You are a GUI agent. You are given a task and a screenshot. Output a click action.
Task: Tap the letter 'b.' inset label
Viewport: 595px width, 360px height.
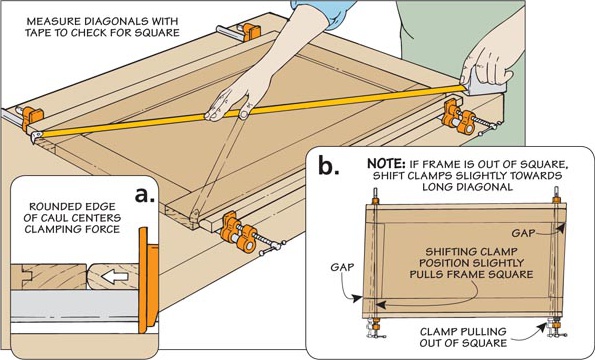[328, 166]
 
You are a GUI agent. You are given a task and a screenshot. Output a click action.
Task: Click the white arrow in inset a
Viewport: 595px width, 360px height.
[115, 277]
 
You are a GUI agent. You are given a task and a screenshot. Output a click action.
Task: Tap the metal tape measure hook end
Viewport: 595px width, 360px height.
[36, 137]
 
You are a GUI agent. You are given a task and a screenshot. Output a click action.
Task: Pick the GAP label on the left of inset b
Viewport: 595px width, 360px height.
[342, 267]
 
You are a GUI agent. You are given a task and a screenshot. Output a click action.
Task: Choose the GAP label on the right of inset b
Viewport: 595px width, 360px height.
[523, 233]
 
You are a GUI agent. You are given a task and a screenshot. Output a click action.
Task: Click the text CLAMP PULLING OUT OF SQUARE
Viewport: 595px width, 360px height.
[463, 337]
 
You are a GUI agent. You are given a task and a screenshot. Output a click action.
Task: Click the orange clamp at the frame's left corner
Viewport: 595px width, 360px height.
[32, 118]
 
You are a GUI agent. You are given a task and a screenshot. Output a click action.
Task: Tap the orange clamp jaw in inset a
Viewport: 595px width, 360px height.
[148, 280]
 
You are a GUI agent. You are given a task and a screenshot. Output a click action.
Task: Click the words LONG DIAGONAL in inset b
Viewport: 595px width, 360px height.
[467, 187]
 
